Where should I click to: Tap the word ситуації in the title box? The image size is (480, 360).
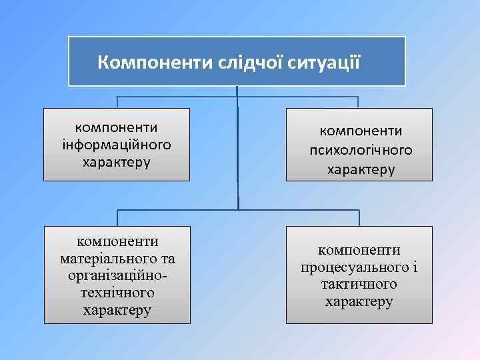coord(327,63)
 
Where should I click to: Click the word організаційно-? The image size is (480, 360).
coord(117,275)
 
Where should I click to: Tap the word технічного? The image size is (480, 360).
coord(117,293)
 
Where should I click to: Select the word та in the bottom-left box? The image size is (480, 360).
coord(167,258)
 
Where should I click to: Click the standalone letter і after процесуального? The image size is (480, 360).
coord(414,267)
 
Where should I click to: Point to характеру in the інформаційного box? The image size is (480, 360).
coord(117,162)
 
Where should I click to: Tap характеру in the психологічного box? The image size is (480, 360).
coord(361,169)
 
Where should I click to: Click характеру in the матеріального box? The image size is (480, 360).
coord(117,310)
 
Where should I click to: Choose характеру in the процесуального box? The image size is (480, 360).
coord(359,302)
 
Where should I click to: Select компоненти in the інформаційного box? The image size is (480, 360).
coord(117,127)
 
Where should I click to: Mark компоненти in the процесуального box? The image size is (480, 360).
coord(359,250)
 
